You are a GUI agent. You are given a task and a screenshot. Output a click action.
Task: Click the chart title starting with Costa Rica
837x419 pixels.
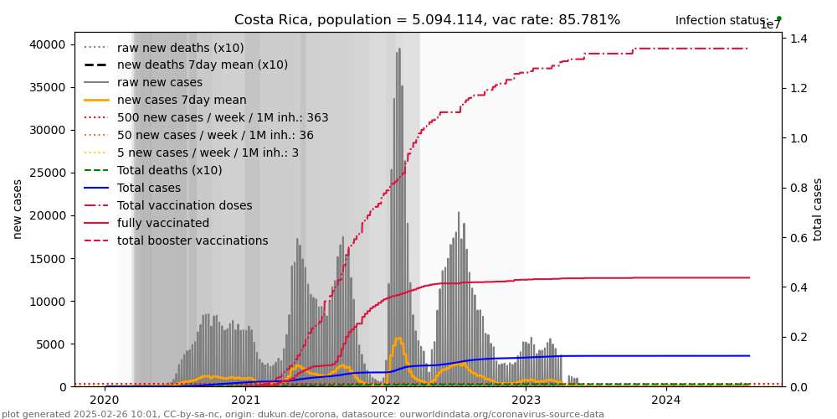pyautogui.click(x=427, y=20)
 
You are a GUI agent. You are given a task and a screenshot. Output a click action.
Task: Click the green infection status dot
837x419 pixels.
pyautogui.click(x=778, y=18)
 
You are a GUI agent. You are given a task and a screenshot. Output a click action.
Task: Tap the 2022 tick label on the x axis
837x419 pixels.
pyautogui.click(x=386, y=401)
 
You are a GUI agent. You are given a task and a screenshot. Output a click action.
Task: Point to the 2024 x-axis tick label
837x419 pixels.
pyautogui.click(x=666, y=401)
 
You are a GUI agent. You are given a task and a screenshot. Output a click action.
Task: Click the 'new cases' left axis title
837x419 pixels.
pyautogui.click(x=17, y=209)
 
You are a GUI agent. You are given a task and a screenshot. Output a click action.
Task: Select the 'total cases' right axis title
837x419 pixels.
pyautogui.click(x=818, y=209)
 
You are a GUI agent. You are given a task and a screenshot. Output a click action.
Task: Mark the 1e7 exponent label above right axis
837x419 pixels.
pyautogui.click(x=770, y=25)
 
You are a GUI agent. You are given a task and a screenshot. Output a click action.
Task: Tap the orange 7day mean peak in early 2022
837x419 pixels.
pyautogui.click(x=398, y=338)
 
